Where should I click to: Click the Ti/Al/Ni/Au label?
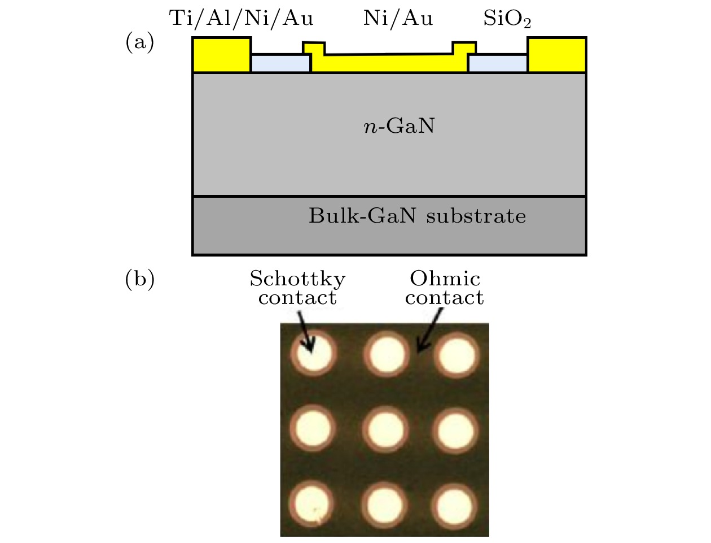pos(241,19)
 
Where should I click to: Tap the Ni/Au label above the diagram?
pos(398,19)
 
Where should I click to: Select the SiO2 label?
pos(507,20)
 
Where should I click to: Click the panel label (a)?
pos(139,42)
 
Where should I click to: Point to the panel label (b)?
pos(139,280)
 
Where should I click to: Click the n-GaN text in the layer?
pos(399,126)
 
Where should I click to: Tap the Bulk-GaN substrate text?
pos(417,216)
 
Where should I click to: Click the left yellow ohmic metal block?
pos(222,55)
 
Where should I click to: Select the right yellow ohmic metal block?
pos(557,55)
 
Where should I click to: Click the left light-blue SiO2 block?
pos(280,63)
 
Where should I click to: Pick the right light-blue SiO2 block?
pos(498,63)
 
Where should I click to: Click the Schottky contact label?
pos(297,288)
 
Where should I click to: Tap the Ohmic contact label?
pos(445,288)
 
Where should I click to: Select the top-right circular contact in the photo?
pos(457,355)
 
